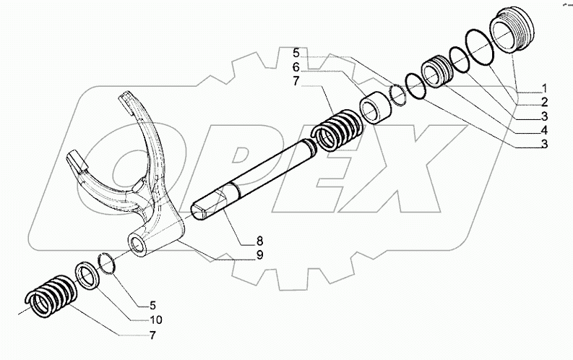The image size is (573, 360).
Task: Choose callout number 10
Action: [157, 320]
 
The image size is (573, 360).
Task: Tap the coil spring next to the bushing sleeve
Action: [335, 130]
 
